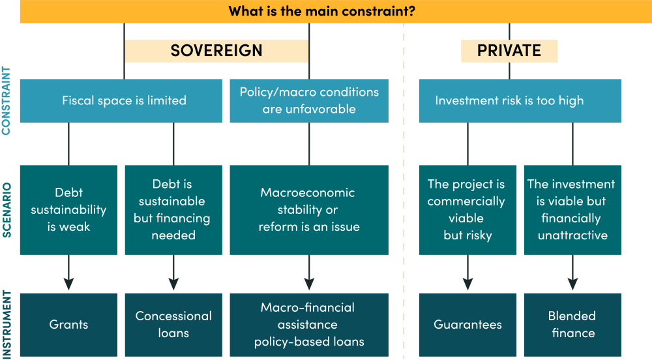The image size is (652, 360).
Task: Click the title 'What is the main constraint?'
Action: pos(322,11)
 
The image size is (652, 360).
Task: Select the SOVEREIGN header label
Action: pos(216,51)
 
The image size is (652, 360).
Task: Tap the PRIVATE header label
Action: pos(509,51)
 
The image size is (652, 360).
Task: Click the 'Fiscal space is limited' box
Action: pos(124,100)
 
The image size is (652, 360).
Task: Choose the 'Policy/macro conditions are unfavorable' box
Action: pos(309,100)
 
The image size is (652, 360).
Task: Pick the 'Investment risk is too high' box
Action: pos(520,100)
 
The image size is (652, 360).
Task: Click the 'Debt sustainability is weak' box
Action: pos(68,209)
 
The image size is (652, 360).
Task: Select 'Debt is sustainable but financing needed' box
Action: pos(173,209)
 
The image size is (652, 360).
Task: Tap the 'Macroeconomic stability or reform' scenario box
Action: pos(309,209)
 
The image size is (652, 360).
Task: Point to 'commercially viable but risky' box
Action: pos(467,209)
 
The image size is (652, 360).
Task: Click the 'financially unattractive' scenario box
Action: pos(572,209)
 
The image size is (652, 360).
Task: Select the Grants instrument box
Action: pos(68,324)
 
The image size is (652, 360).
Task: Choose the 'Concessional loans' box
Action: pos(173,324)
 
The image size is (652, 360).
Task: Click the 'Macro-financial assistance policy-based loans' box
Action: pos(309,324)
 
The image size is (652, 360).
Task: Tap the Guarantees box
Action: pos(467,324)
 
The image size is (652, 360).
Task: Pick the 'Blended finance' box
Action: pos(572,324)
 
